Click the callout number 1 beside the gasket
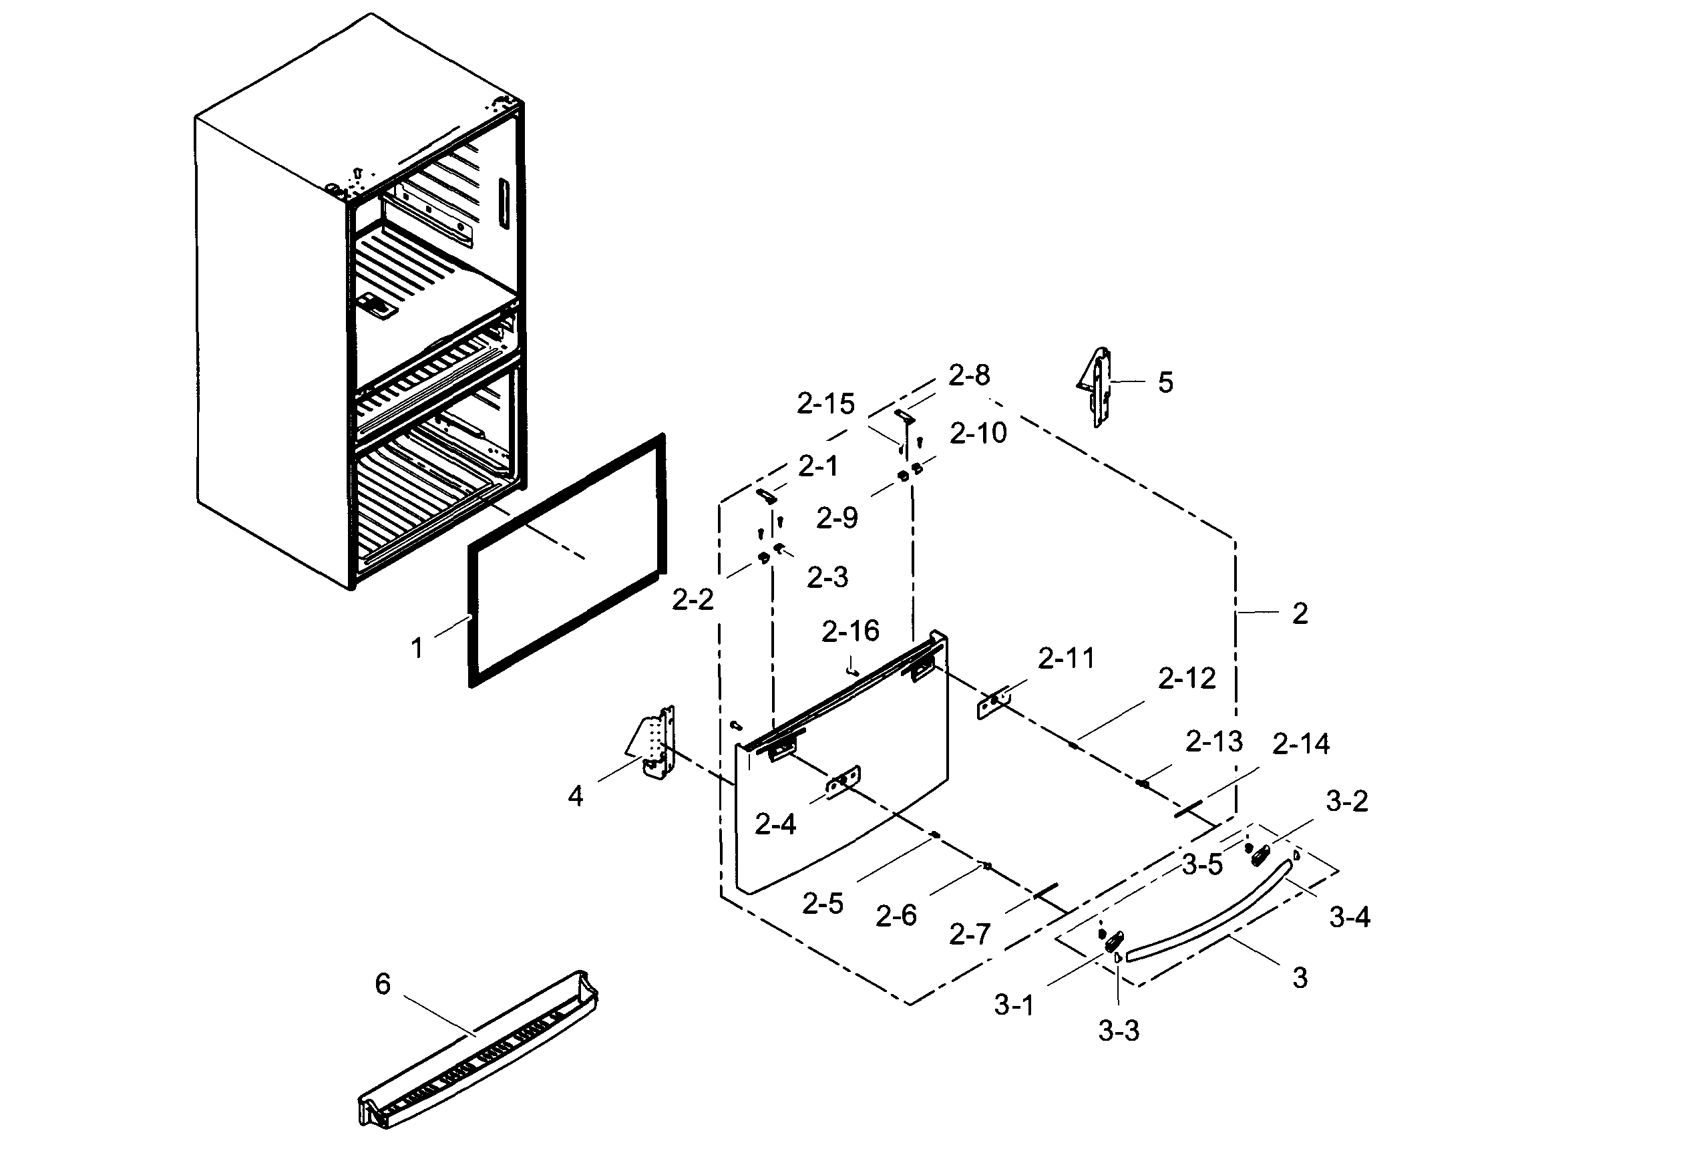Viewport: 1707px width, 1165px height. coord(417,648)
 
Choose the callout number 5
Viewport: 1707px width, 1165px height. coord(1165,383)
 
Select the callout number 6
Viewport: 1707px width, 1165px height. coord(383,984)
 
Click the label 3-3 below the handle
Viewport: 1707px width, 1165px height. coord(1119,1031)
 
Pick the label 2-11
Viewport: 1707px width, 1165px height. coord(1066,659)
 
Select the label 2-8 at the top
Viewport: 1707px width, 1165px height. coord(969,375)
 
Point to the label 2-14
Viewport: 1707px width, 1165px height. coord(1301,745)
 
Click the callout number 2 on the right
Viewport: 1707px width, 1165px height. coord(1300,614)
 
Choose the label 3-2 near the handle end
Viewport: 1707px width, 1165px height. coord(1347,802)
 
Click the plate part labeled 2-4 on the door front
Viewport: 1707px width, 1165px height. coord(843,783)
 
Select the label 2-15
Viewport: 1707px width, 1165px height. coord(825,404)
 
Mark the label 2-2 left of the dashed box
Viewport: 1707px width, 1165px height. coord(693,600)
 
